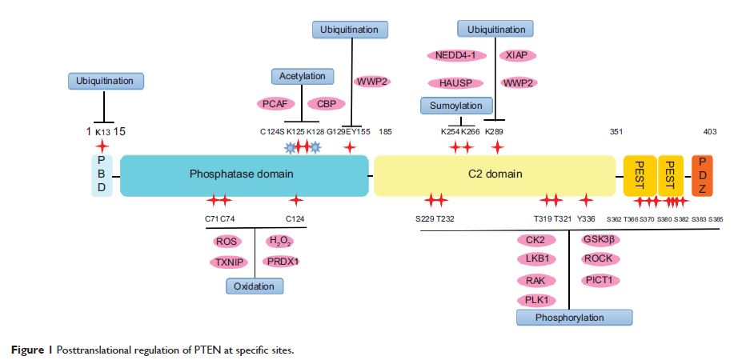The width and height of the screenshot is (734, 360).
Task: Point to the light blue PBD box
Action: point(102,174)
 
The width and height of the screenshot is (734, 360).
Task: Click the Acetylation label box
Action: point(303,76)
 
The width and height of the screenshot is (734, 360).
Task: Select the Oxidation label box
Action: point(255,286)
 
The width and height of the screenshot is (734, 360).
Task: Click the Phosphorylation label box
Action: point(569,318)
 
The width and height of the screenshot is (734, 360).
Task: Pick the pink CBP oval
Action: point(326,104)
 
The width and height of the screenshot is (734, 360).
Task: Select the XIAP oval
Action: point(517,56)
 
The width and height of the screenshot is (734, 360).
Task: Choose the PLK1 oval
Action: point(536,299)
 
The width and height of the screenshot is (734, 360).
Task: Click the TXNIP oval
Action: point(227,261)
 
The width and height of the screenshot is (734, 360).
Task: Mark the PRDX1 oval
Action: point(283,261)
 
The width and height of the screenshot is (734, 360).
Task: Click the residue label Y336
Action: point(587,218)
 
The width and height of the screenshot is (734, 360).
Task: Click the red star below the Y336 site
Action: point(586,200)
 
